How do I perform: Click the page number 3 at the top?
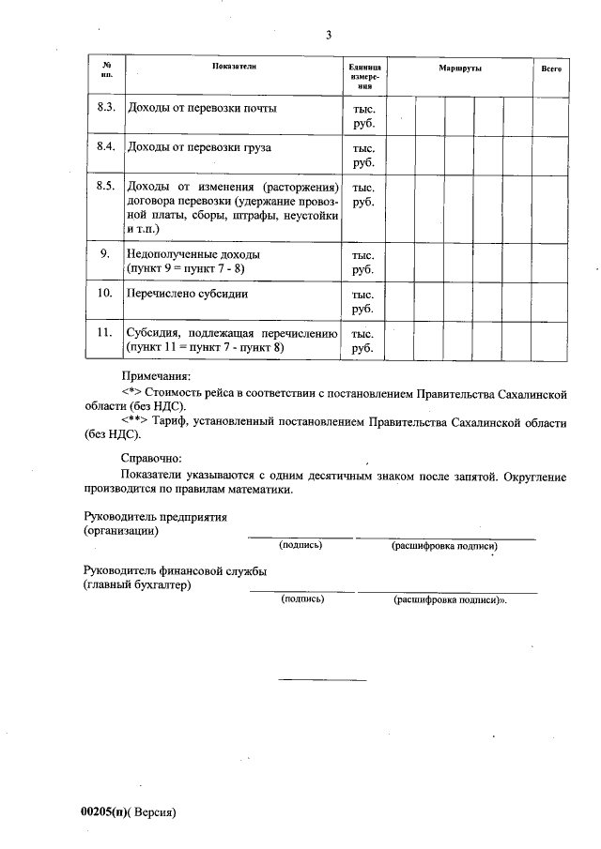329,36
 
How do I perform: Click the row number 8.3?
105,108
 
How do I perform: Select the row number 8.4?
105,147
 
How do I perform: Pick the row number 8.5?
105,186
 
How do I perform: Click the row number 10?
105,294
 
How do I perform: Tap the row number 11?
105,332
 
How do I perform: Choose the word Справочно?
150,458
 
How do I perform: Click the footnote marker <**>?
138,422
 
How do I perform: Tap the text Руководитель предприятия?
155,517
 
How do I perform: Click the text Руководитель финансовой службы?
175,570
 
